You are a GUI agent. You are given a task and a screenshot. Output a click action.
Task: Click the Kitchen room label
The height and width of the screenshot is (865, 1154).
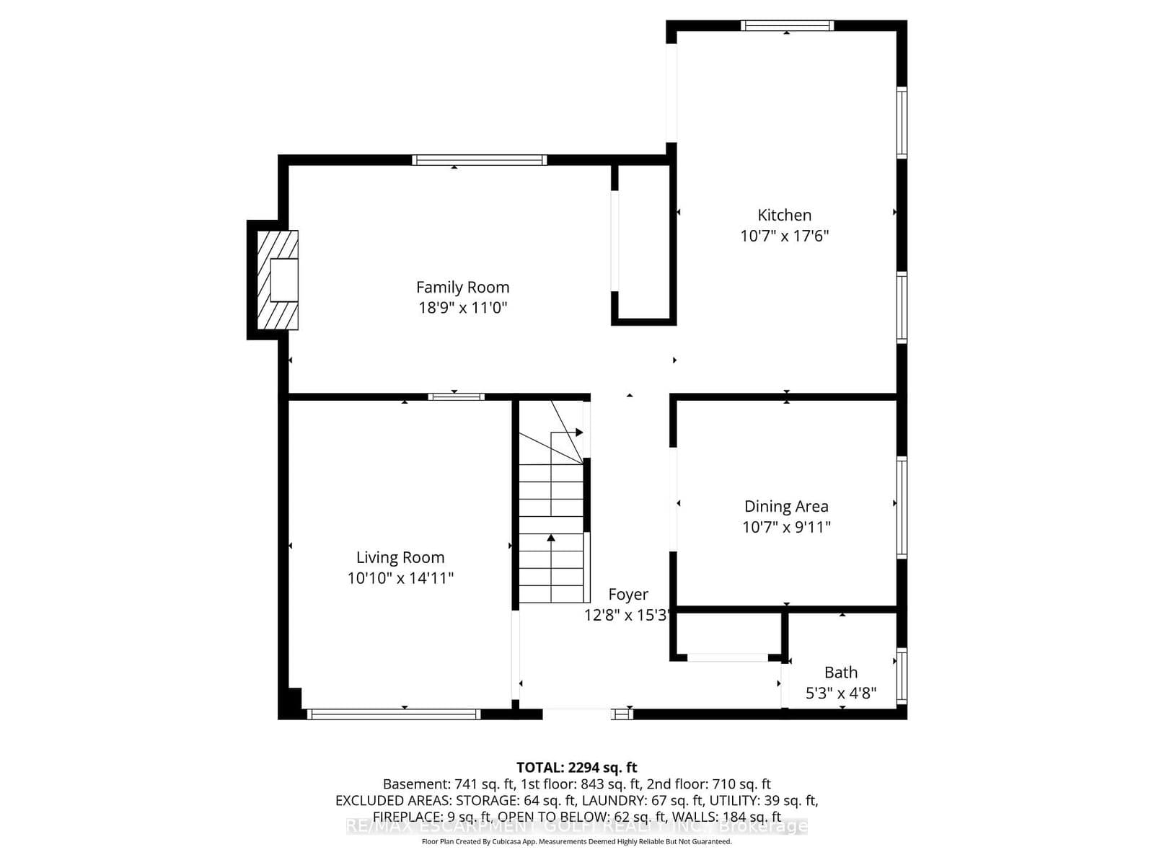click(784, 215)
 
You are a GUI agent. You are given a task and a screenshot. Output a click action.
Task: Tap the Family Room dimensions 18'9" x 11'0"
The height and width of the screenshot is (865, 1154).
click(462, 308)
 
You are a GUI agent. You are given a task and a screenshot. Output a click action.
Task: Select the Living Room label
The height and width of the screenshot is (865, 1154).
click(400, 557)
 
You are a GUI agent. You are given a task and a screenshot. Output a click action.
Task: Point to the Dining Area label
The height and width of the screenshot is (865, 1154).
click(786, 506)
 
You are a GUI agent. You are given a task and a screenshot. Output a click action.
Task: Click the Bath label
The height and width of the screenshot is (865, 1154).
click(841, 672)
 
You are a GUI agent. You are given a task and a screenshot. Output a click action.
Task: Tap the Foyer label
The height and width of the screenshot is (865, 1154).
click(627, 594)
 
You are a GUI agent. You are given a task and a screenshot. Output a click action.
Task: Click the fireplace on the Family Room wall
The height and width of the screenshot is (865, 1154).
click(278, 280)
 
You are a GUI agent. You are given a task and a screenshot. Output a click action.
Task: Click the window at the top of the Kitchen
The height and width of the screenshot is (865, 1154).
click(787, 26)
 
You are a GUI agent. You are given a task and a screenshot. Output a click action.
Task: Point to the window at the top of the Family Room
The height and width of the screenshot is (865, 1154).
click(479, 160)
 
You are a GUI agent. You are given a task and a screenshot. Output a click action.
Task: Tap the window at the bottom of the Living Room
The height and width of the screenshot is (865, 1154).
click(394, 714)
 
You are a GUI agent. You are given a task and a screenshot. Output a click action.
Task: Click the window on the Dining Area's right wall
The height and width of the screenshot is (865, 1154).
click(902, 507)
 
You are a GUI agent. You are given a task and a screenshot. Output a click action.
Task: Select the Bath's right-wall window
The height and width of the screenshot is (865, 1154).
click(902, 676)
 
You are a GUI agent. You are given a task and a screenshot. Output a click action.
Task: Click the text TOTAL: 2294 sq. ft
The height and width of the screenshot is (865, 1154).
click(576, 767)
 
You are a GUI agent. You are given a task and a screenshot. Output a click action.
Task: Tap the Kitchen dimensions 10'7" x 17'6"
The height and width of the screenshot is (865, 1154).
click(784, 236)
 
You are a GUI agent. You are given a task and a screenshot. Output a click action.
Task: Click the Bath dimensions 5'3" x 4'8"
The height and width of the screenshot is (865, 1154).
click(841, 693)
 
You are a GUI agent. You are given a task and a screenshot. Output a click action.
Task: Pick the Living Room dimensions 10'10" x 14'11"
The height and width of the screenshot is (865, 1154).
click(400, 577)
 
